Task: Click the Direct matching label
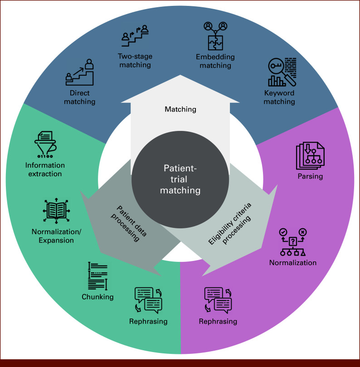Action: coord(80,97)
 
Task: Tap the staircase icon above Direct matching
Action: coord(80,72)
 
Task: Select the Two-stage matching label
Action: coord(135,61)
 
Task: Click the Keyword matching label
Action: coord(279,97)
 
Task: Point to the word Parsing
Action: coord(311,177)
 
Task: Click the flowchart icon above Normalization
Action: coord(293,242)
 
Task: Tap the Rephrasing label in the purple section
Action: coord(218,322)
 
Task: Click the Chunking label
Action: coord(97,297)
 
